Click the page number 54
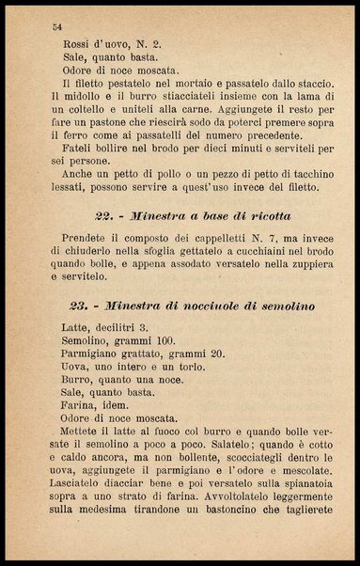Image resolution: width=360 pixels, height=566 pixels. (57, 27)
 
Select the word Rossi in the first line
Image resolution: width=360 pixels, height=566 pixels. (77, 43)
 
